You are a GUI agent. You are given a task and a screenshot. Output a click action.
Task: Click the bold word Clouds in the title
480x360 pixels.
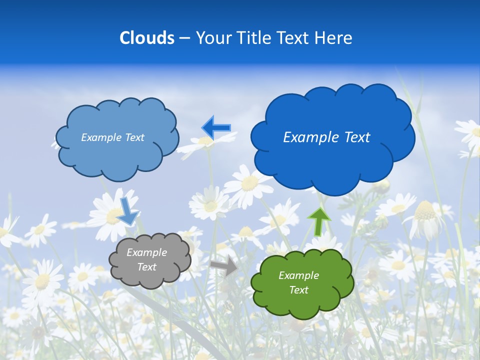click(147, 38)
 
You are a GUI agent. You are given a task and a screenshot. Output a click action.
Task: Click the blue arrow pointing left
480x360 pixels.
click(216, 128)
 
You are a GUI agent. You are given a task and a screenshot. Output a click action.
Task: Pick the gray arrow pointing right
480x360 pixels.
click(224, 266)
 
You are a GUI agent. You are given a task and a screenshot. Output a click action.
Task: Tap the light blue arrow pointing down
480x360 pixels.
click(127, 210)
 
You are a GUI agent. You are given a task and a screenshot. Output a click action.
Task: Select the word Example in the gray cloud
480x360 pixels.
click(146, 252)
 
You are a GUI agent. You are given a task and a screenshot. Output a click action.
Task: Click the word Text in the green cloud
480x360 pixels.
click(298, 290)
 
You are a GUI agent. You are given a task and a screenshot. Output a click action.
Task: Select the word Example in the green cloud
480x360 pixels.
click(298, 275)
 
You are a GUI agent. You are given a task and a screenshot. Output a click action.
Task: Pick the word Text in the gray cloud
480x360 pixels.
click(146, 267)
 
